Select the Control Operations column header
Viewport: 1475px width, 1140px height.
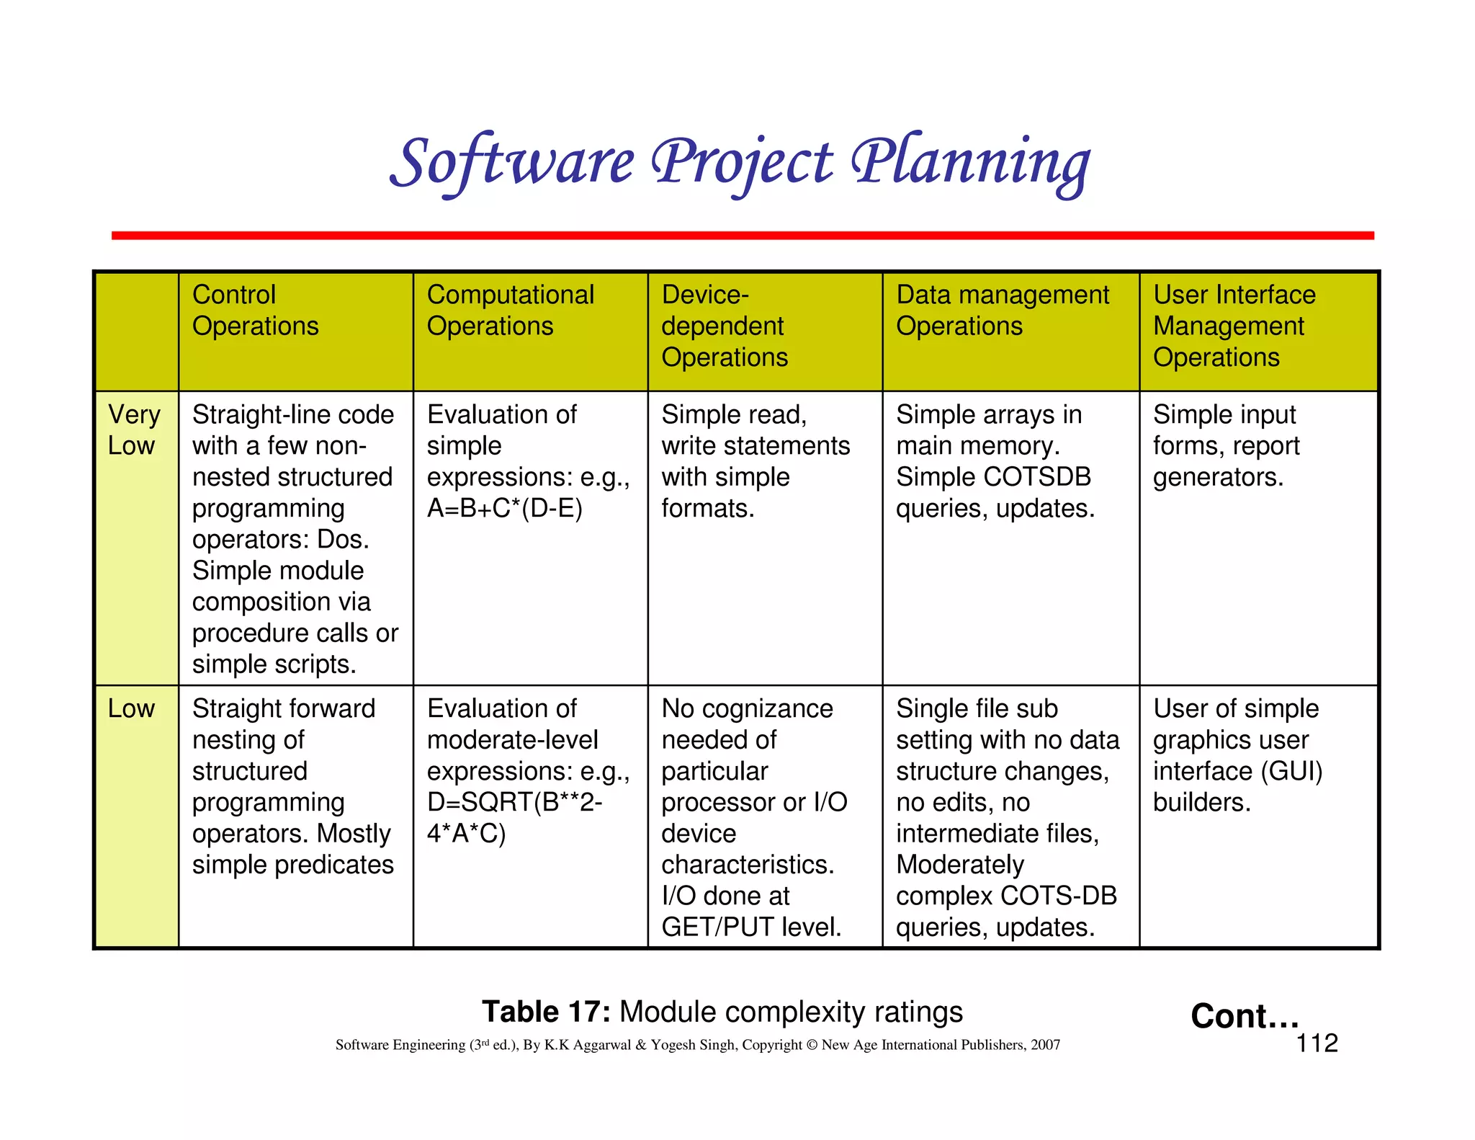(x=255, y=311)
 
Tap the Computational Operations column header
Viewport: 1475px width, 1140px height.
(x=510, y=311)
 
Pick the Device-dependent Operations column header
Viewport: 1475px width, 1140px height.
(x=724, y=326)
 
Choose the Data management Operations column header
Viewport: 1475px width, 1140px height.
(x=1002, y=311)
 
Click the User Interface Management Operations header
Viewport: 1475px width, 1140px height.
(x=1234, y=326)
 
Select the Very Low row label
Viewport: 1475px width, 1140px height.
(x=133, y=430)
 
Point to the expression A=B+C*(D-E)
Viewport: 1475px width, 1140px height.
(x=504, y=509)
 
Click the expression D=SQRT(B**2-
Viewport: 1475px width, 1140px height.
(x=514, y=802)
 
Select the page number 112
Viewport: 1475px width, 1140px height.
(x=1317, y=1043)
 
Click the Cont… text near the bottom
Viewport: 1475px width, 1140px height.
(x=1244, y=1015)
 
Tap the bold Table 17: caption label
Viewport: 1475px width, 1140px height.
(x=546, y=1012)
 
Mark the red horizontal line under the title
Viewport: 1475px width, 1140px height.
(x=742, y=236)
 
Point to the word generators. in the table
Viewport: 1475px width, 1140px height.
(x=1218, y=477)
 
